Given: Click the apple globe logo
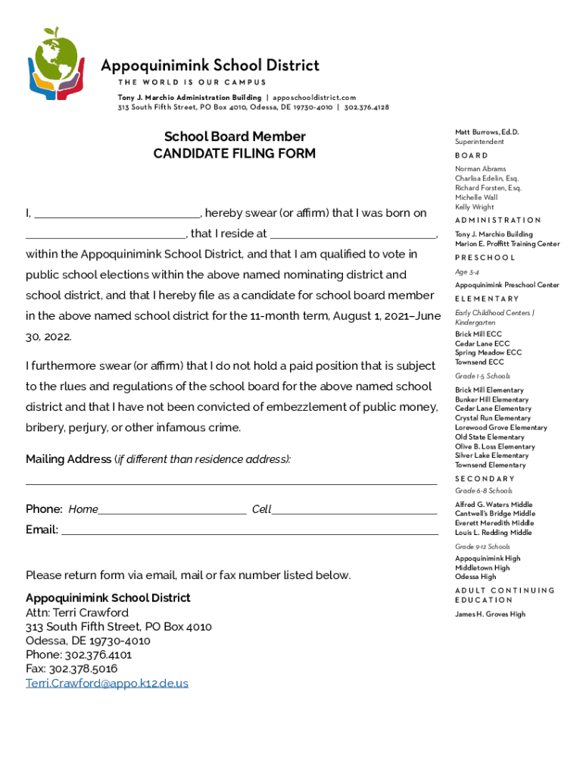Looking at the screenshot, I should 55,64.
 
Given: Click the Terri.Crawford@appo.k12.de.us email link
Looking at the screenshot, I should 107,683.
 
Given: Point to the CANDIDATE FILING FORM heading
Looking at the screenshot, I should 235,154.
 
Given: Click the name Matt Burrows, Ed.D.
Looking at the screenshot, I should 487,132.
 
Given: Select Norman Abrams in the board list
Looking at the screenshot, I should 480,169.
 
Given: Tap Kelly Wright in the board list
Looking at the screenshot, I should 474,207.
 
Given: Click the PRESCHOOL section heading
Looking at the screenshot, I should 485,258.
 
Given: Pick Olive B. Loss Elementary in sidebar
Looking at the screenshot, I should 494,446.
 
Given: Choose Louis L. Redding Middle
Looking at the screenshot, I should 493,532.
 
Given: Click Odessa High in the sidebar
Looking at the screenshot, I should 475,577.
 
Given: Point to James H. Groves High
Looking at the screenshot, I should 490,614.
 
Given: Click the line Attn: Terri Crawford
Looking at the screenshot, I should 77,612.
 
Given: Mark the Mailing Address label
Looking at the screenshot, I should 68,459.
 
